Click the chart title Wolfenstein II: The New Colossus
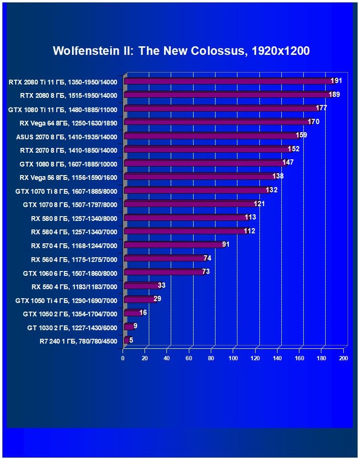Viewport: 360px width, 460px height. click(x=181, y=51)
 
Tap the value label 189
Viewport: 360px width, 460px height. click(x=334, y=94)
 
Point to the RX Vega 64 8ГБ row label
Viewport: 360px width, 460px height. click(x=68, y=122)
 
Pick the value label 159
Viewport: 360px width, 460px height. click(x=301, y=135)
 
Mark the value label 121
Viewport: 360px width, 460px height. click(x=259, y=204)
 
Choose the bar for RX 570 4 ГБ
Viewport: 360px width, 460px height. click(x=174, y=245)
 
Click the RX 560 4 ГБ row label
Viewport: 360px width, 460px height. click(x=74, y=259)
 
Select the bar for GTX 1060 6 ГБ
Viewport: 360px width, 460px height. click(x=164, y=272)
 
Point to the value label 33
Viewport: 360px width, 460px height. click(x=162, y=285)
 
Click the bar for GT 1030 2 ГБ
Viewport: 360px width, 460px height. click(x=128, y=327)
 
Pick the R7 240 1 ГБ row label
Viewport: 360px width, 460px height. click(x=78, y=341)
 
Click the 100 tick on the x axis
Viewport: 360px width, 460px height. click(x=233, y=358)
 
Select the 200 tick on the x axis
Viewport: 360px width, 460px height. click(x=343, y=358)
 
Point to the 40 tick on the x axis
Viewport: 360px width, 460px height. click(x=167, y=358)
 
